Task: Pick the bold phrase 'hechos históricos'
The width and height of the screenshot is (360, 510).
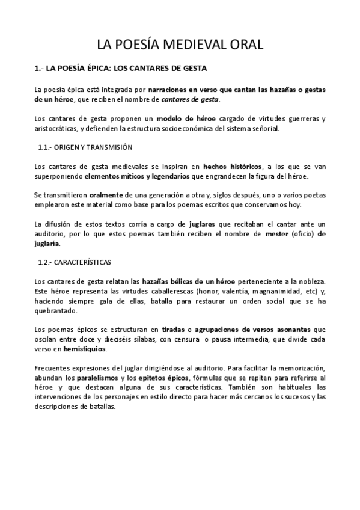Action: (x=232, y=166)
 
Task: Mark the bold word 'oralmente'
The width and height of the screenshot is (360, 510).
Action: (x=106, y=195)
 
